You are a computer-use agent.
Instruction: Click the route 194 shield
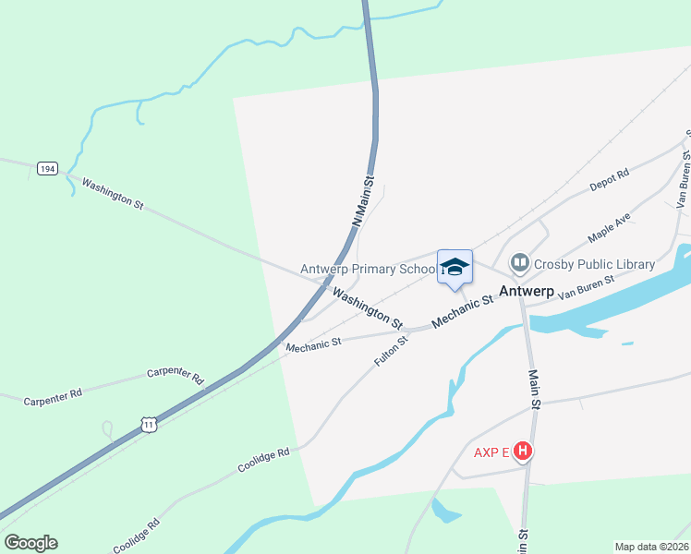click(48, 168)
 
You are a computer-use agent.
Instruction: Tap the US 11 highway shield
click(149, 424)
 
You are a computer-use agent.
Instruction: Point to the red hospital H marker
click(523, 452)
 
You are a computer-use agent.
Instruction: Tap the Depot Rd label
click(610, 180)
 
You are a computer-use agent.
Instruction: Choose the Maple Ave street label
click(609, 228)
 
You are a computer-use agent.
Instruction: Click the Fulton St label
click(392, 352)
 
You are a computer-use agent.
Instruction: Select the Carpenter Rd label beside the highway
click(175, 375)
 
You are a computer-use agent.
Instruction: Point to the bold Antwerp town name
click(527, 291)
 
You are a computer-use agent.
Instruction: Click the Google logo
click(30, 543)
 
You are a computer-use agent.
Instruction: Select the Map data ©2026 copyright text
click(651, 546)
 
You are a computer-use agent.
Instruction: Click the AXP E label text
click(491, 452)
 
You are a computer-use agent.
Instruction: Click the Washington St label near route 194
click(112, 196)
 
